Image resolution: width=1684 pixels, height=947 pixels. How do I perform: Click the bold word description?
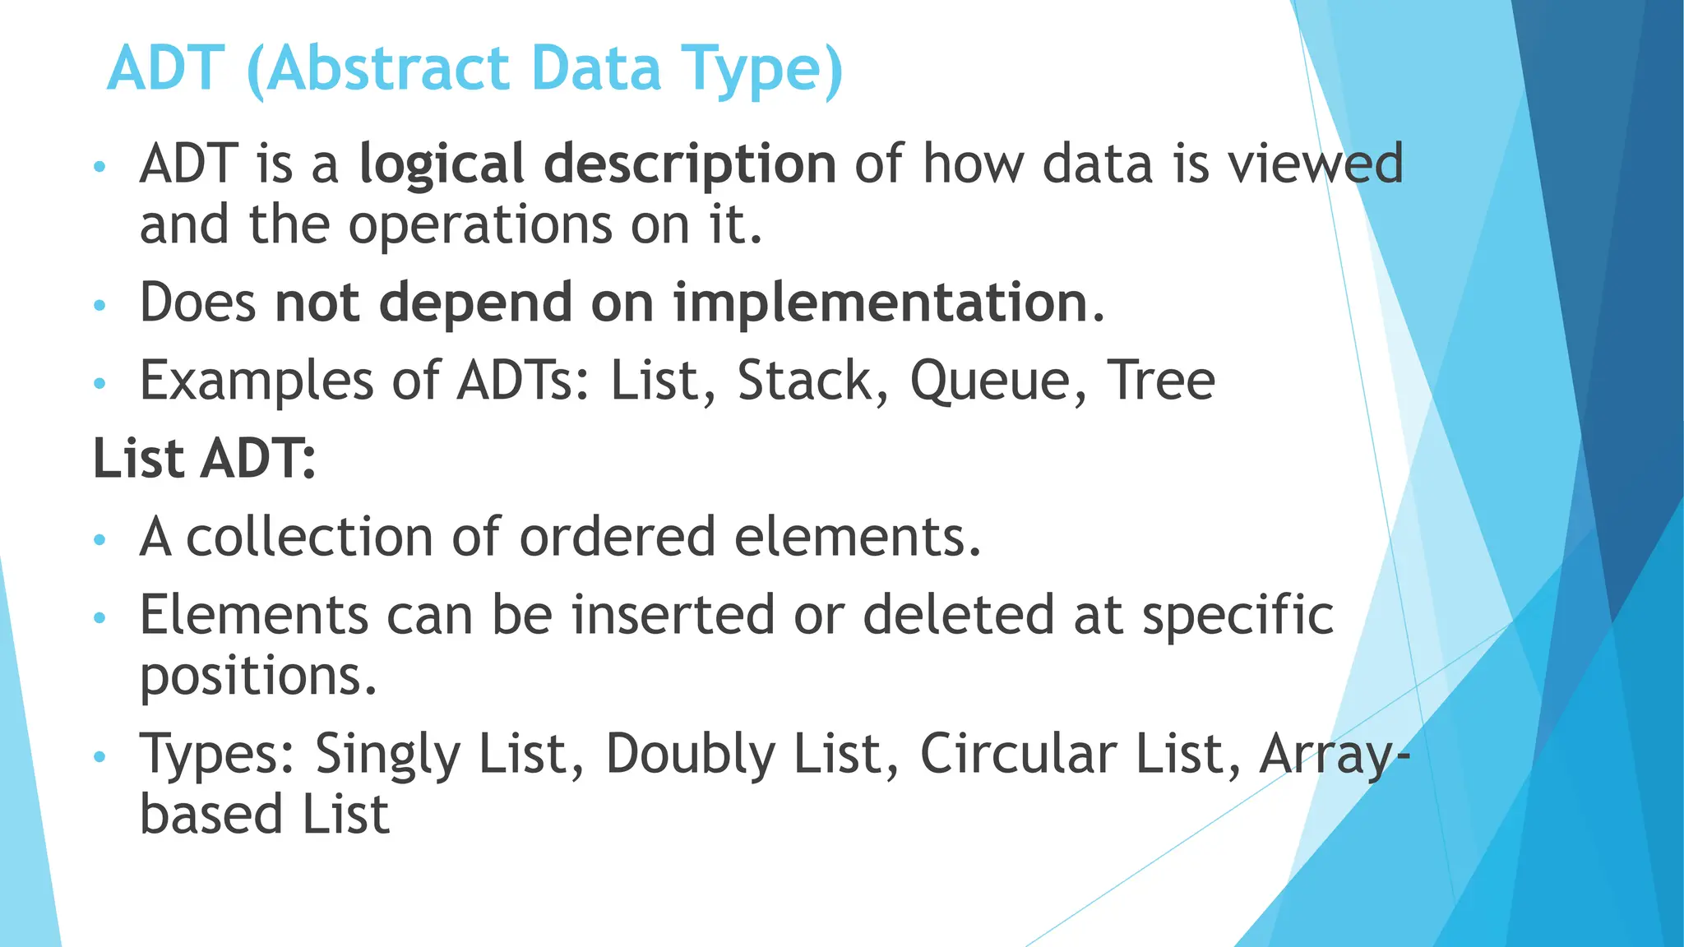[x=690, y=165]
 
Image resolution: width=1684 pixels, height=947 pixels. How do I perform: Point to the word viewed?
[x=1316, y=164]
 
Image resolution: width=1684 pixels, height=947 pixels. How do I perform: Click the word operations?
[x=480, y=225]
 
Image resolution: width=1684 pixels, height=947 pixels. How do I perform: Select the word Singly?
[x=387, y=755]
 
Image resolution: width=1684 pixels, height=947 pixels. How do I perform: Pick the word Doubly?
[x=690, y=755]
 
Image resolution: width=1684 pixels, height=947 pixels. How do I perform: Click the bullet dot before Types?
[x=100, y=756]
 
